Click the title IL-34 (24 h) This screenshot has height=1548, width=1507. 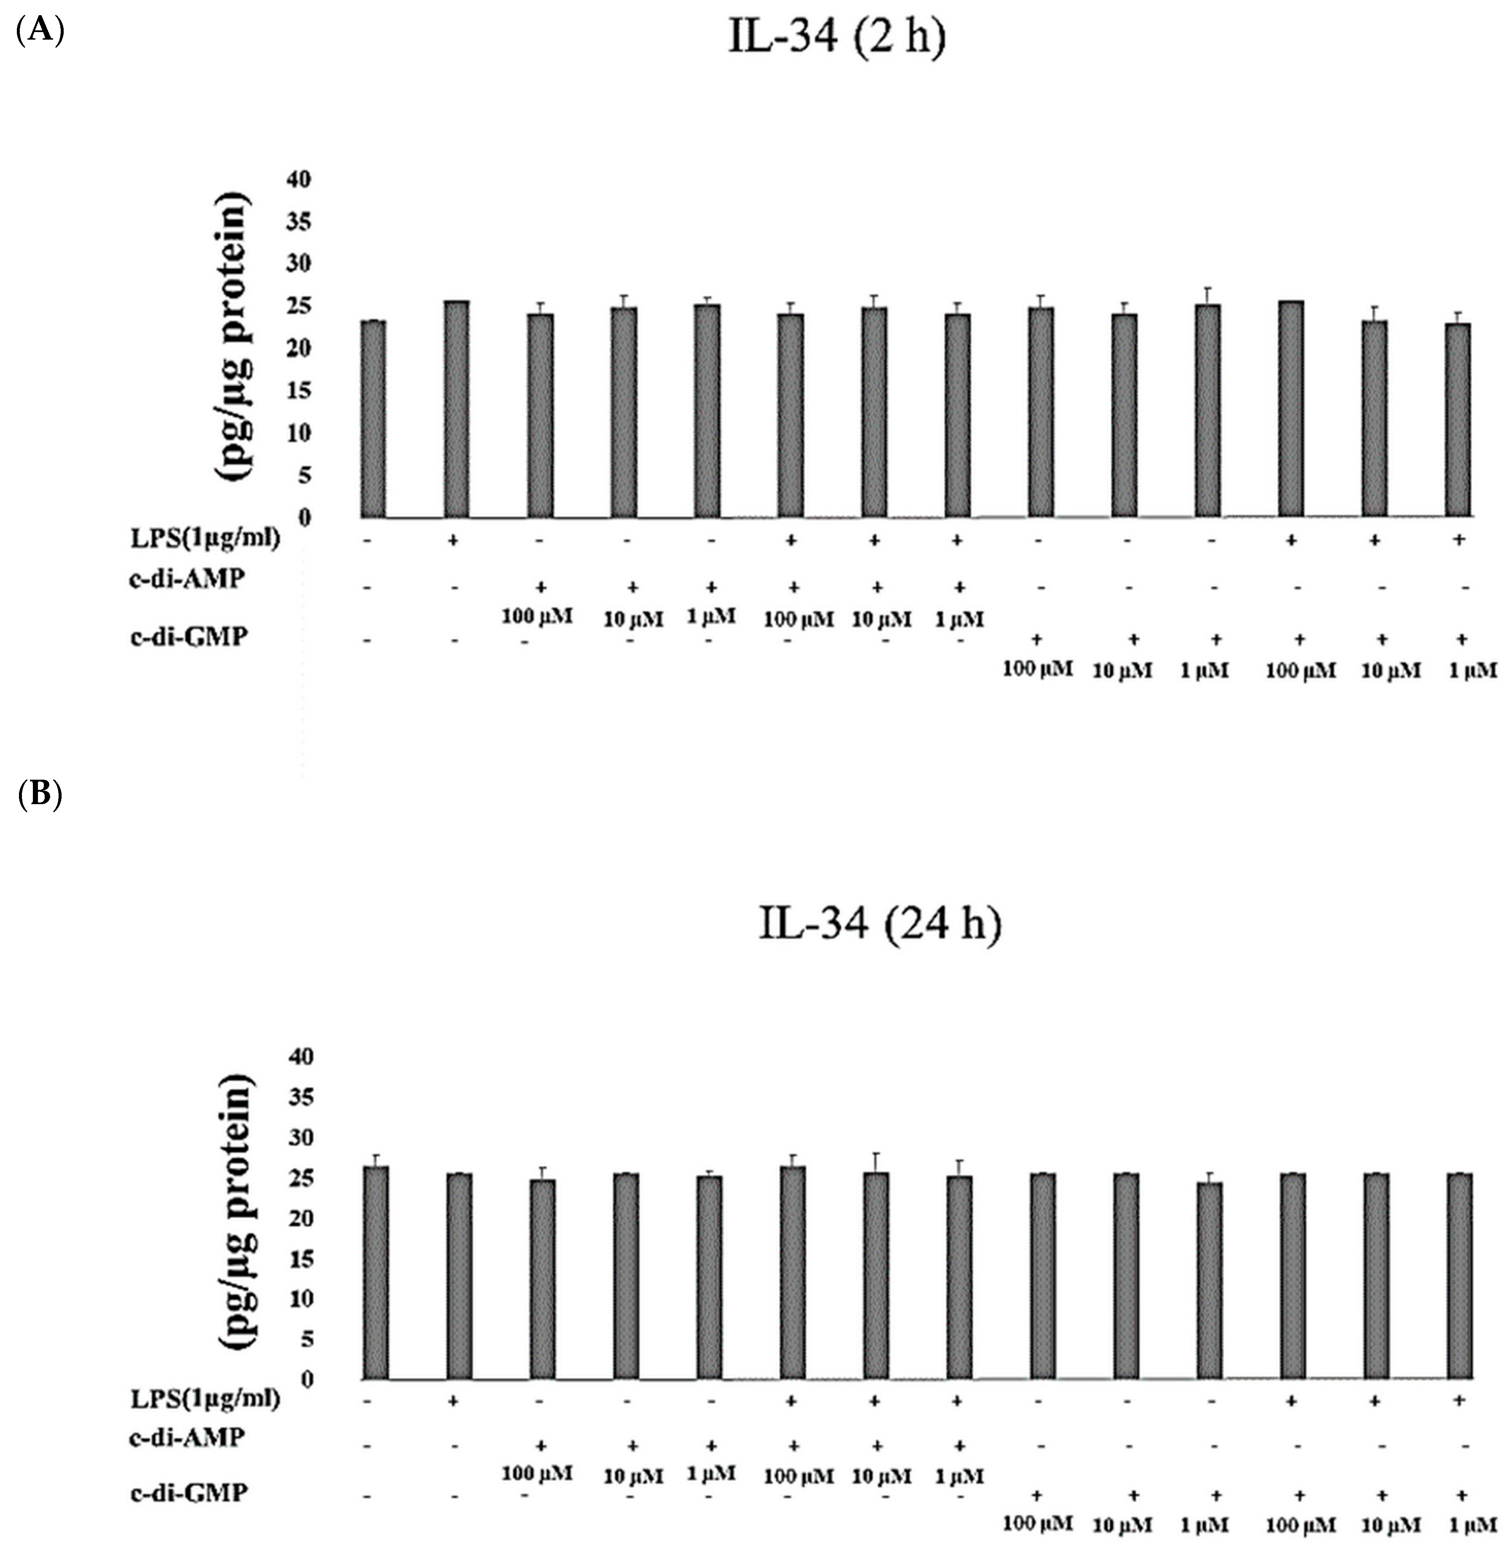coord(879,923)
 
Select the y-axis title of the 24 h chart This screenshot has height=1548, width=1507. coord(235,1212)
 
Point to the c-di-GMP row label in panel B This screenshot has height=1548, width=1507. coord(188,1493)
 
